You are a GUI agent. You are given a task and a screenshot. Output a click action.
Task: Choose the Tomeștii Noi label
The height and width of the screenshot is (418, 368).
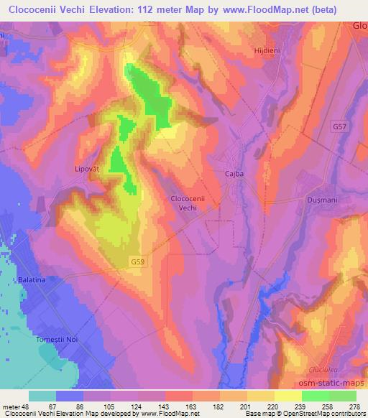(68, 339)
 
